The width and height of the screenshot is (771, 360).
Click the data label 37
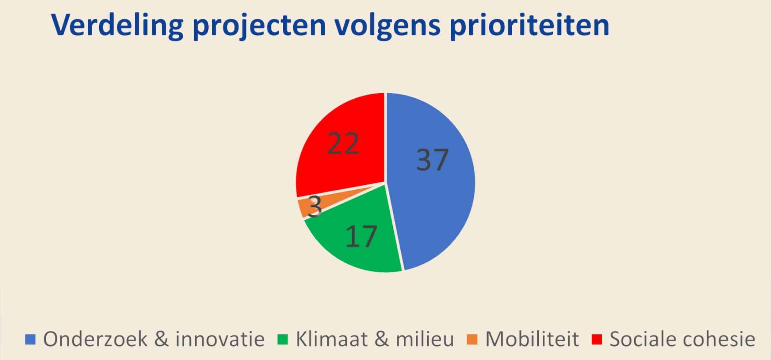point(432,159)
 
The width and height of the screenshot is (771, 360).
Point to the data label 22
point(343,143)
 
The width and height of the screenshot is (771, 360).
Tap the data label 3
point(314,207)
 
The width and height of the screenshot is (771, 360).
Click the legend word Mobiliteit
point(532,339)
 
